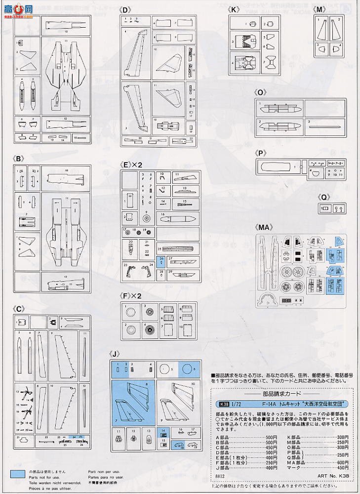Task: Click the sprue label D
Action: point(125,9)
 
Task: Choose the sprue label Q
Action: point(324,197)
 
